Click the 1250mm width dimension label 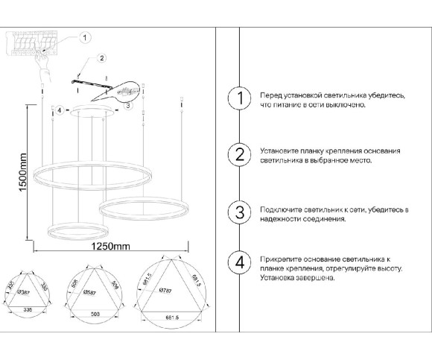point(109,246)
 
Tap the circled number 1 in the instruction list point(239,100)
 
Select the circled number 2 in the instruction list point(239,154)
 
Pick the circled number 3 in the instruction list point(239,212)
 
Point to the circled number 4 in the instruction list point(239,262)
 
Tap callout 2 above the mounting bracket point(101,57)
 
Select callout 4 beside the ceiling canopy point(59,110)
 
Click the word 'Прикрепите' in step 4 point(276,257)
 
